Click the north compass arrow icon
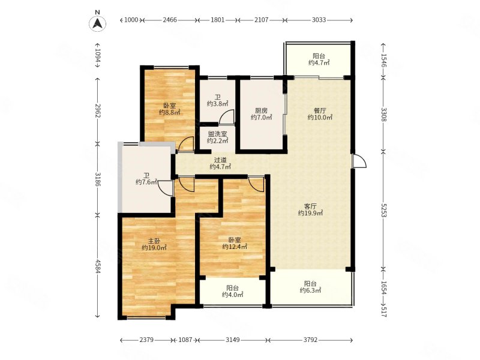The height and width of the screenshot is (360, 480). pyautogui.click(x=98, y=23)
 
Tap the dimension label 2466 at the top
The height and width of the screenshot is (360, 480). pyautogui.click(x=170, y=20)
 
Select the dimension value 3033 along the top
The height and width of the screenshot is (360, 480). pyautogui.click(x=319, y=20)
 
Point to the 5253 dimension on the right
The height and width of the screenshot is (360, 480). pyautogui.click(x=384, y=210)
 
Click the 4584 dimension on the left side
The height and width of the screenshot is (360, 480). pyautogui.click(x=98, y=266)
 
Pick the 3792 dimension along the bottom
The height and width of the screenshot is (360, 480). pyautogui.click(x=310, y=340)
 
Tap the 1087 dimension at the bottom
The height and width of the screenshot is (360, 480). pyautogui.click(x=185, y=340)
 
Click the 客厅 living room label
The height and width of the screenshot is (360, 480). pyautogui.click(x=310, y=206)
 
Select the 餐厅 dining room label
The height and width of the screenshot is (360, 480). pyautogui.click(x=320, y=110)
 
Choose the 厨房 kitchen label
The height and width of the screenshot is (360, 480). pyautogui.click(x=261, y=110)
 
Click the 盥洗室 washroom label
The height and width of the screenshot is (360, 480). pyautogui.click(x=217, y=134)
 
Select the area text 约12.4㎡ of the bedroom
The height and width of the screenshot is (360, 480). pyautogui.click(x=235, y=247)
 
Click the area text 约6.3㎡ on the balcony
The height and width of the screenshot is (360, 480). pyautogui.click(x=310, y=290)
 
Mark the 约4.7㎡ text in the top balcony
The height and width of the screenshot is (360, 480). pyautogui.click(x=319, y=63)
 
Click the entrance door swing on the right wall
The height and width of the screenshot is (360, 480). pyautogui.click(x=359, y=161)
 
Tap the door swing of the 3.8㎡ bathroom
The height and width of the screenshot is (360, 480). pyautogui.click(x=227, y=116)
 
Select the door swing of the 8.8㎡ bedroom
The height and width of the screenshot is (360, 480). pyautogui.click(x=186, y=144)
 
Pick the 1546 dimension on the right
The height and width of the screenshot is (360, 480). pyautogui.click(x=384, y=59)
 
